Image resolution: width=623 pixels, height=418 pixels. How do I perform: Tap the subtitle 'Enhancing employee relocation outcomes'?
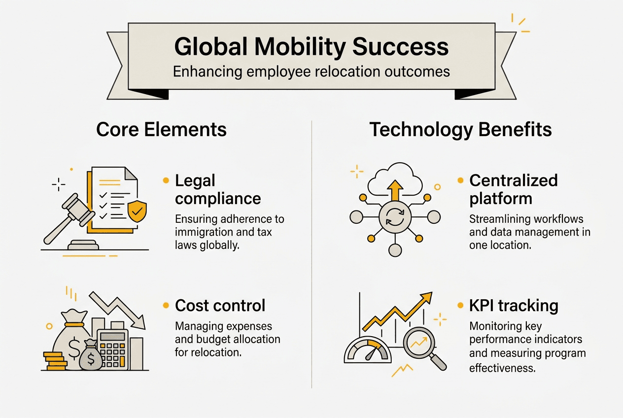click(x=311, y=71)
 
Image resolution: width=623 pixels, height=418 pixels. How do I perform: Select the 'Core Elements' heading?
click(x=161, y=130)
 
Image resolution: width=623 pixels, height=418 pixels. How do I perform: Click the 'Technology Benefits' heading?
click(x=460, y=130)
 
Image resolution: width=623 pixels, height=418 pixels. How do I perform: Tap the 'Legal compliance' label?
click(x=218, y=189)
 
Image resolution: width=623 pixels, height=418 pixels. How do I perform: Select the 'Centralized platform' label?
click(x=513, y=189)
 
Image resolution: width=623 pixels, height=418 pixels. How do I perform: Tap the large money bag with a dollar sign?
click(x=72, y=342)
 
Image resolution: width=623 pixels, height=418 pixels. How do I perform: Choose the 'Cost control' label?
click(x=220, y=306)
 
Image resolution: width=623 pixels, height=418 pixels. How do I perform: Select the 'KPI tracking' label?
click(x=514, y=306)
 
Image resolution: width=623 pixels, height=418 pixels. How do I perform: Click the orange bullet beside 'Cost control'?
click(x=166, y=306)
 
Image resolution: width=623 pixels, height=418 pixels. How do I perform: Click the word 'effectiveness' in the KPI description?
click(x=502, y=367)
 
